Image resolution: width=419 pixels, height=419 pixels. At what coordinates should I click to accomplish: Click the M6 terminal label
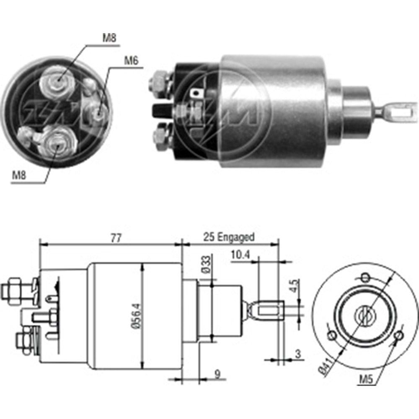[x=131, y=61]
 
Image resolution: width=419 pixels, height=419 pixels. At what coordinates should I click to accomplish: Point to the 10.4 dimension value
[x=240, y=254]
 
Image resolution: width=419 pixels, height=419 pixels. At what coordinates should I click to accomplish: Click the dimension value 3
[x=298, y=354]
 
